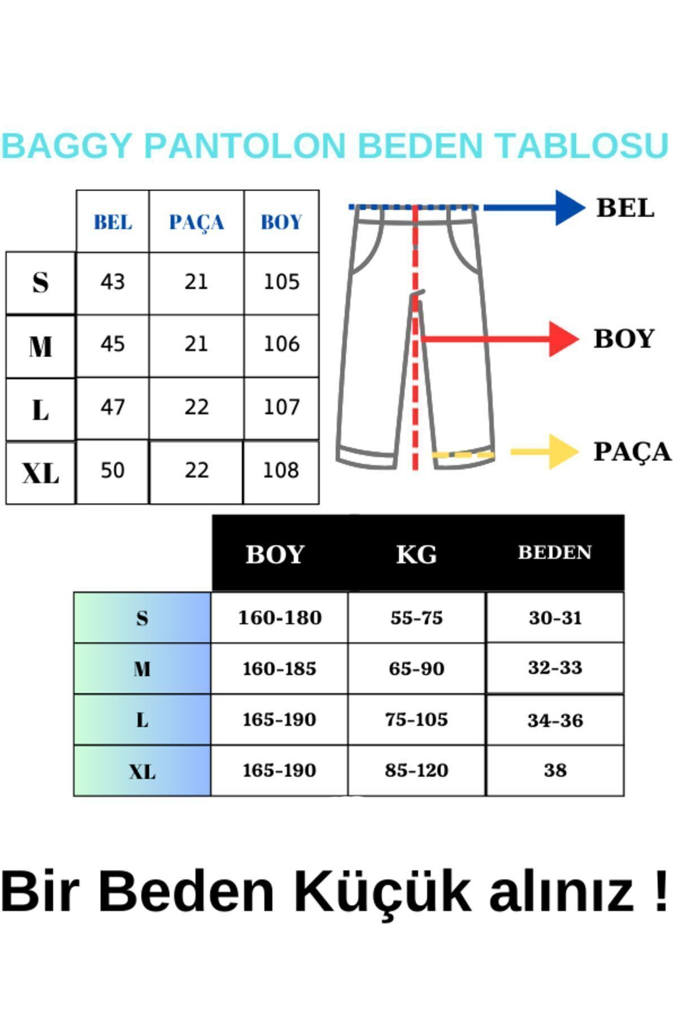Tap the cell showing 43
pyautogui.click(x=112, y=282)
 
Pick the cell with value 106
pyautogui.click(x=281, y=344)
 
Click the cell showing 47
pyautogui.click(x=112, y=407)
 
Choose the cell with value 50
pyautogui.click(x=112, y=470)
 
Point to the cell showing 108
pyautogui.click(x=281, y=470)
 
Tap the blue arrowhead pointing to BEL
pyautogui.click(x=570, y=208)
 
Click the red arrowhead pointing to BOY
pyautogui.click(x=564, y=339)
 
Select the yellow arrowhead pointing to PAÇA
pyautogui.click(x=564, y=452)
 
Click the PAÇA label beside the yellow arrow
pyautogui.click(x=632, y=452)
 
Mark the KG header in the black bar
pyautogui.click(x=416, y=554)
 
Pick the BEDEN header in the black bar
pyautogui.click(x=555, y=552)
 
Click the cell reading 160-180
pyautogui.click(x=280, y=618)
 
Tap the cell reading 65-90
pyautogui.click(x=416, y=668)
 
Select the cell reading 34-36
pyautogui.click(x=555, y=720)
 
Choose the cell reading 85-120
pyautogui.click(x=416, y=770)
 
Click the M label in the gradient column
pyautogui.click(x=142, y=669)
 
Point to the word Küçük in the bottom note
pyautogui.click(x=382, y=891)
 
